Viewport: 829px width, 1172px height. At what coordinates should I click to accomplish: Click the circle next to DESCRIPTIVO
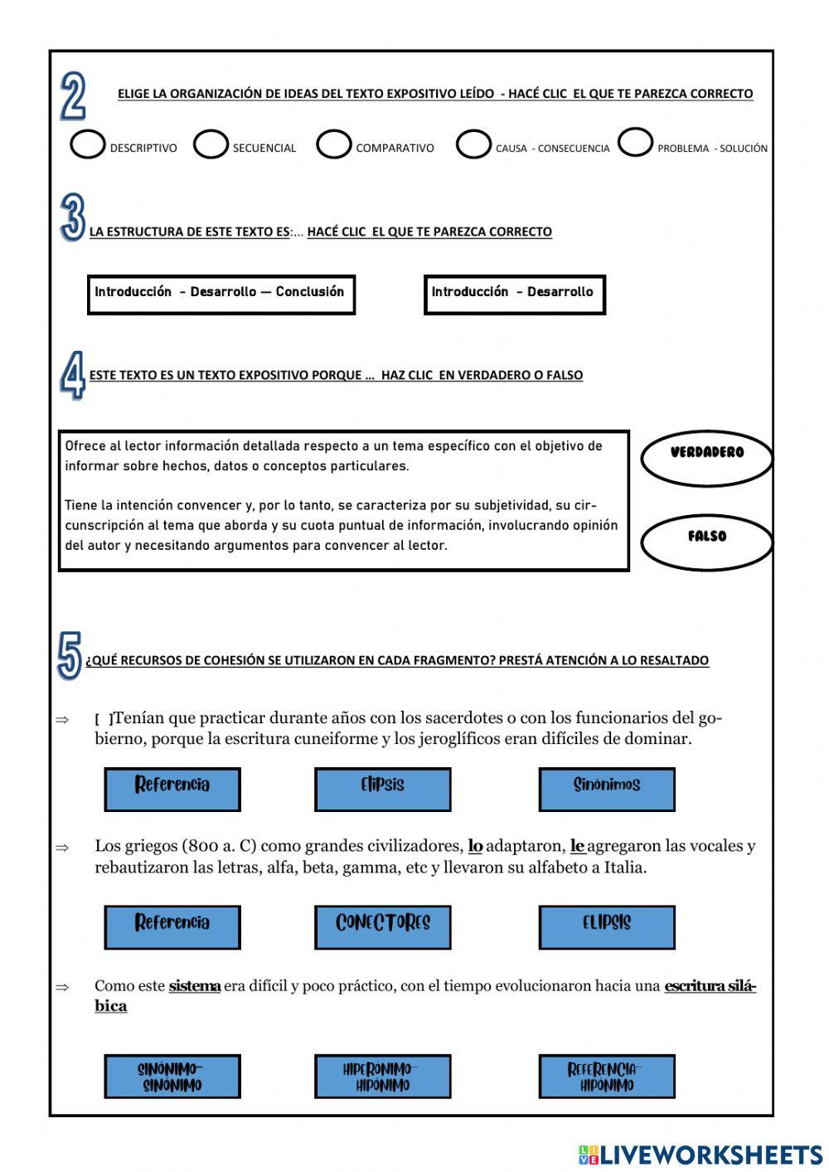(87, 144)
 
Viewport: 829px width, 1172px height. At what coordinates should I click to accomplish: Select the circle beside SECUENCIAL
(211, 144)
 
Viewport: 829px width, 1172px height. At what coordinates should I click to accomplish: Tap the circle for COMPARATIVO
(333, 144)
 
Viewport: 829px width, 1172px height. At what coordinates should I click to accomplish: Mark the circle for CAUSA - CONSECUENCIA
(473, 144)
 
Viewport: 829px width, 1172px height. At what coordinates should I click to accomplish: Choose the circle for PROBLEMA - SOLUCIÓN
(635, 143)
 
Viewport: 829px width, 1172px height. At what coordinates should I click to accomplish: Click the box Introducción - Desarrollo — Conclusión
(221, 294)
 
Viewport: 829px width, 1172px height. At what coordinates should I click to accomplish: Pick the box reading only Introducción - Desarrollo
(514, 294)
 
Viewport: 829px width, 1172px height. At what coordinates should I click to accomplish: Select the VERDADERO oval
(706, 455)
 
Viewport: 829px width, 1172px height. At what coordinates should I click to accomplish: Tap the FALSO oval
(706, 539)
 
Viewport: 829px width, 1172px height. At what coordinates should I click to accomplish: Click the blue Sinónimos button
(606, 789)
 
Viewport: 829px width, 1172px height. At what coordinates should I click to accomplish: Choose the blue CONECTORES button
(382, 926)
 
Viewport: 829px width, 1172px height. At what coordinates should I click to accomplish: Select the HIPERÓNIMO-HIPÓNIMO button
(382, 1076)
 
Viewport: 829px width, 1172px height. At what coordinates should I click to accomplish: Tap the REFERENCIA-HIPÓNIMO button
(606, 1076)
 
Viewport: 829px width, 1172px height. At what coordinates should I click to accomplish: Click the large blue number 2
(73, 97)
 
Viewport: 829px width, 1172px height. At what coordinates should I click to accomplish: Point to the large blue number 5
(70, 656)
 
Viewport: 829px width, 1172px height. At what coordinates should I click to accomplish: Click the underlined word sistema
(194, 986)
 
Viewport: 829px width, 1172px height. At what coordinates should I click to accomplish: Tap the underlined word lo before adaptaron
(475, 846)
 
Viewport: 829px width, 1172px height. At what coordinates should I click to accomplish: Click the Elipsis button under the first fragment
(382, 789)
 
